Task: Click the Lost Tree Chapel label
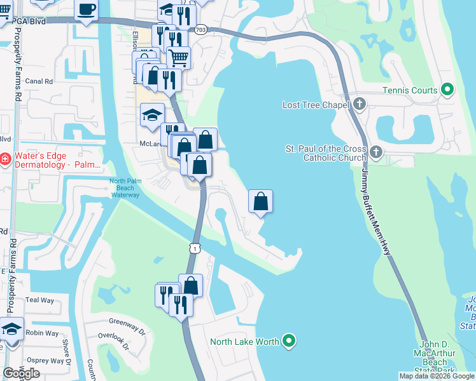(317, 104)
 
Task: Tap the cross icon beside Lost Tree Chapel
(360, 104)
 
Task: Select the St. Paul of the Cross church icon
(376, 152)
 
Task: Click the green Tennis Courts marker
(447, 90)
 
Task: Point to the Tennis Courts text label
(410, 90)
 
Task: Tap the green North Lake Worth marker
(290, 342)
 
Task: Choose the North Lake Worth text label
(245, 342)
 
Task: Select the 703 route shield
(201, 29)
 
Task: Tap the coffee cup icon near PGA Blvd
(87, 10)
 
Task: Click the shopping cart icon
(179, 58)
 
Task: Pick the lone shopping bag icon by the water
(261, 201)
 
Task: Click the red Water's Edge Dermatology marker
(4, 159)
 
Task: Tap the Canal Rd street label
(39, 81)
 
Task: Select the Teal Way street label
(41, 300)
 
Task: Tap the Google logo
(22, 373)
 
